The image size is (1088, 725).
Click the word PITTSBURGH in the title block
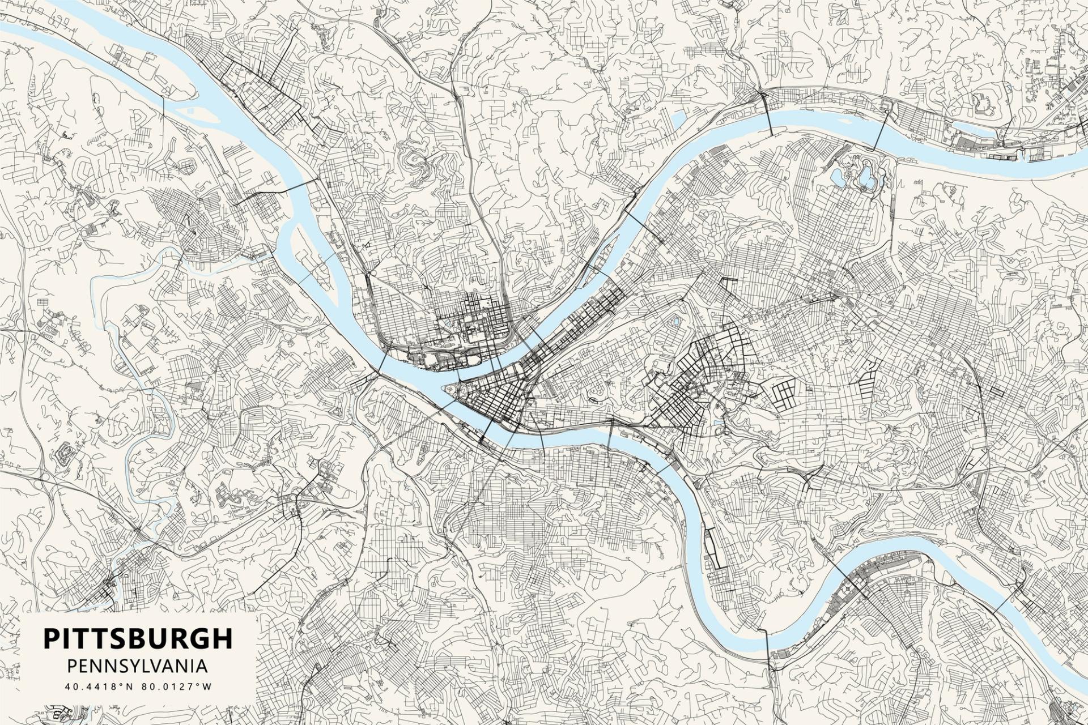138,638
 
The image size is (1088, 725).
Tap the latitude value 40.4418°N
100,686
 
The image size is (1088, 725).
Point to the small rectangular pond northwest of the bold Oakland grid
675,322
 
